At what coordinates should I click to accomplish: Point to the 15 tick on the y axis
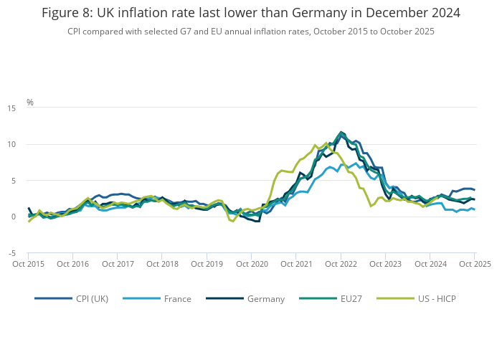pos(12,108)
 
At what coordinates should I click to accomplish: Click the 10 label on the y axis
pos(12,144)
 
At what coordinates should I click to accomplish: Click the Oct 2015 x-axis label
pos(29,264)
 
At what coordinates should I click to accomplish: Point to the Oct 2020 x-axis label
pos(252,264)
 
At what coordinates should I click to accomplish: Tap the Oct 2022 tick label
pos(341,264)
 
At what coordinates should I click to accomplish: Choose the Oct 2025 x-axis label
pos(475,264)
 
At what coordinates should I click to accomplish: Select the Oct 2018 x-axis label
pos(163,264)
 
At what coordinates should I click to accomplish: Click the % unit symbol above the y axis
pos(30,103)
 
